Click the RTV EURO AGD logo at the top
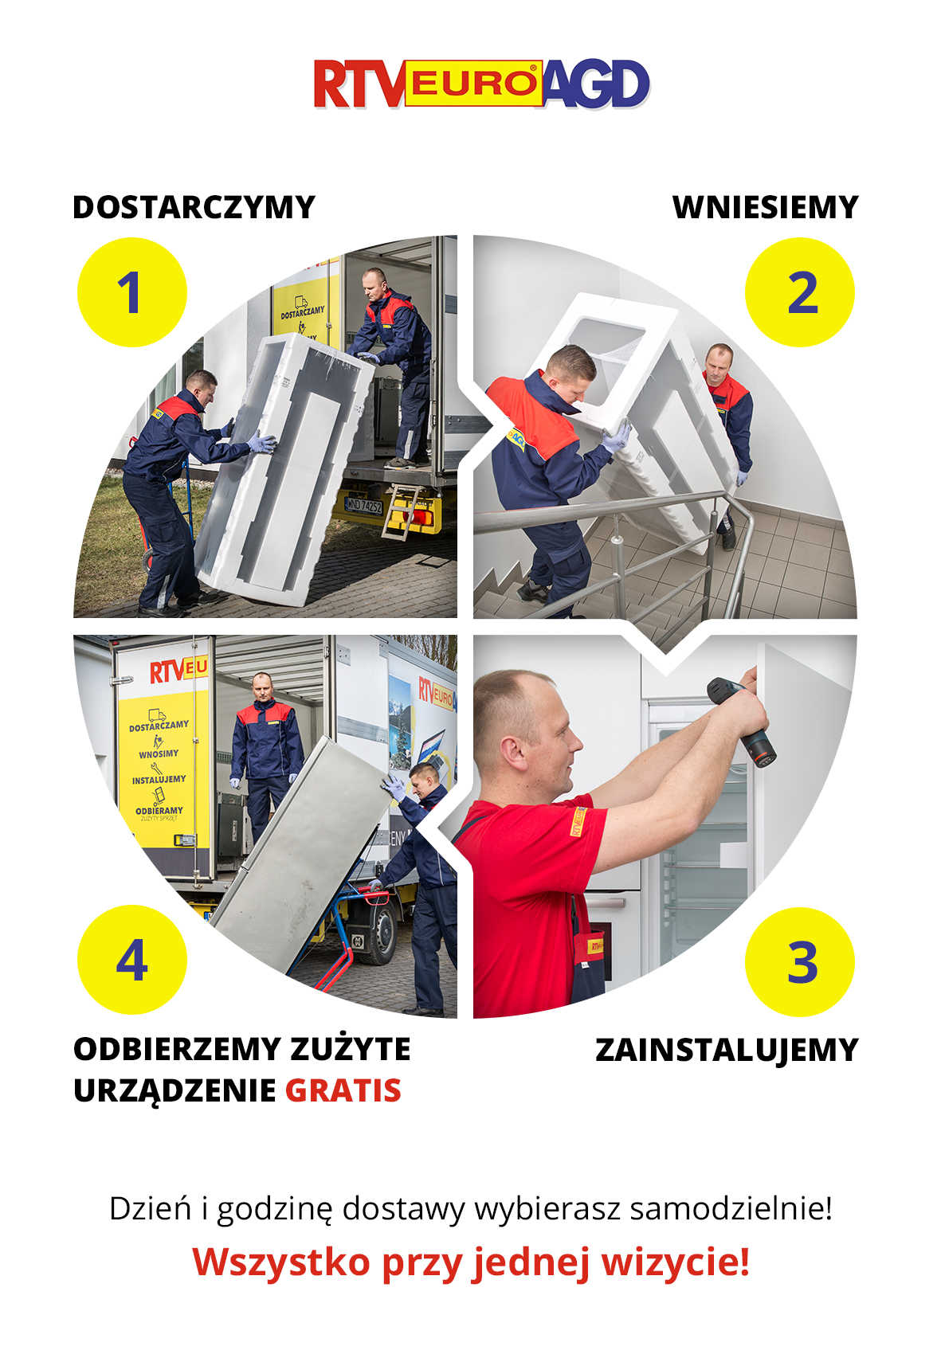481,84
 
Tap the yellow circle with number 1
132,292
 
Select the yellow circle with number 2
799,292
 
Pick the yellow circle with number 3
799,961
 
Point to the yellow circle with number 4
132,960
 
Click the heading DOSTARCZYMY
194,207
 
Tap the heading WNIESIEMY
765,207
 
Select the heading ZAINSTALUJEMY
727,1050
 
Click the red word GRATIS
343,1090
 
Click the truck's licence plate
363,505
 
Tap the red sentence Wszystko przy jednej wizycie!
471,1262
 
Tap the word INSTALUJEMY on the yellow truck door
159,780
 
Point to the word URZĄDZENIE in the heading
174,1091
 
